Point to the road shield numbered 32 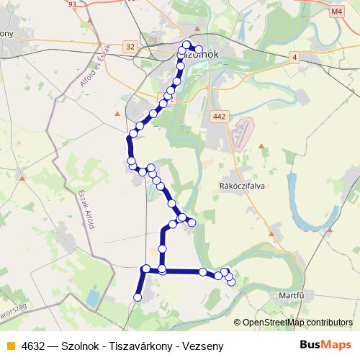[130, 46]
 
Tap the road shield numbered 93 [72, 4]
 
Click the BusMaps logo [321, 346]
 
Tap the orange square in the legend [9, 346]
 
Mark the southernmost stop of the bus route [138, 297]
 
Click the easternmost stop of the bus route [231, 282]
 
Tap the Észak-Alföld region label [90, 205]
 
